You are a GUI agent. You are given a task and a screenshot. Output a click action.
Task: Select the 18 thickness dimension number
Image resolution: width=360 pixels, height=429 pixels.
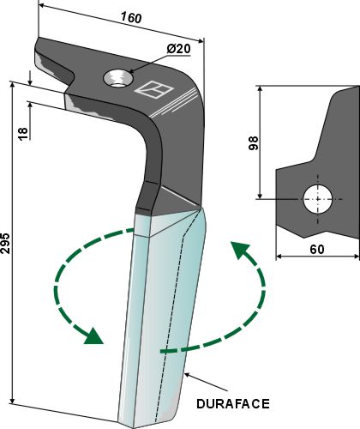[x=22, y=131]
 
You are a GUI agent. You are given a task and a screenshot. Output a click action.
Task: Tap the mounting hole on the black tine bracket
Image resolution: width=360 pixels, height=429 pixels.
[x=117, y=79]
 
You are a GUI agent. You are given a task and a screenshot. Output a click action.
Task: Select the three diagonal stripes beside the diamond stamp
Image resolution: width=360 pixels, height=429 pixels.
[x=176, y=100]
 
